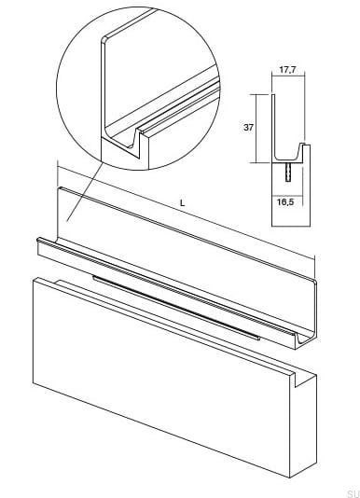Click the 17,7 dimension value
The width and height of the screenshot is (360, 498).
[x=287, y=70]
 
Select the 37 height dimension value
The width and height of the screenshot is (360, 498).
[x=248, y=128]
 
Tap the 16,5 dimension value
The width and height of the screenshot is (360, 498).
[x=285, y=202]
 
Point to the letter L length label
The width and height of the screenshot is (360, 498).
[x=182, y=203]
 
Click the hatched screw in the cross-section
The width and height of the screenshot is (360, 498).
[x=288, y=172]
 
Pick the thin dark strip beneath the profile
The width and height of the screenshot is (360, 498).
[x=176, y=307]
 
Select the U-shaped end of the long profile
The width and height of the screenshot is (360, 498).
[x=303, y=339]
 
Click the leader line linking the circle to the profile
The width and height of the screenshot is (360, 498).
[x=85, y=192]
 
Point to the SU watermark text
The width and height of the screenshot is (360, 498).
[x=353, y=493]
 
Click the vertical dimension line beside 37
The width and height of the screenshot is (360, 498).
[x=256, y=129]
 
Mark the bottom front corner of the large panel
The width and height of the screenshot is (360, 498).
[x=290, y=477]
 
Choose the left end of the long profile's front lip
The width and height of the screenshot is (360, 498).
[x=39, y=241]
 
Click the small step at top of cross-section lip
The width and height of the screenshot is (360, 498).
[x=304, y=145]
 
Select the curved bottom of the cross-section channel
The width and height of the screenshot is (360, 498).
[x=286, y=159]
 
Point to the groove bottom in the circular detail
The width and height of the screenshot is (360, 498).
[x=131, y=147]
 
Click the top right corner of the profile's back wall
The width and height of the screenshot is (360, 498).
[x=314, y=282]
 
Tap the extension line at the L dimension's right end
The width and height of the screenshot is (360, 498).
[x=314, y=267]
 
